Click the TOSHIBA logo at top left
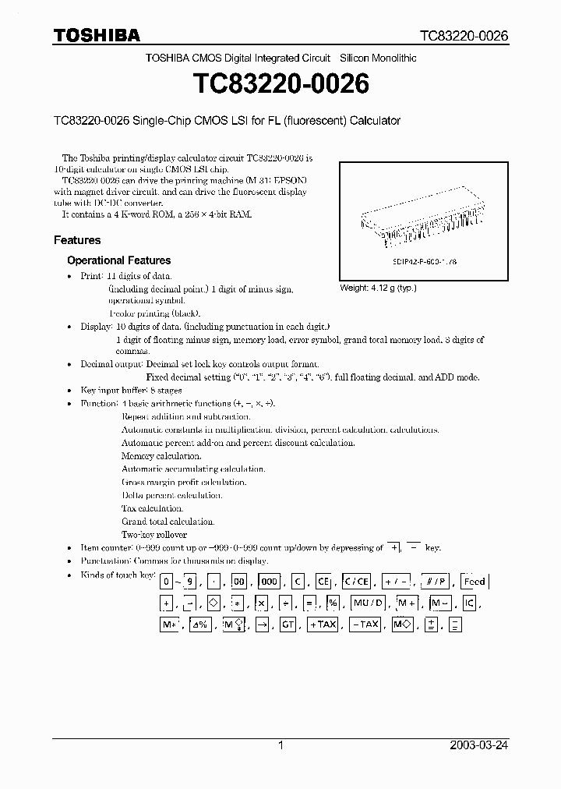97,34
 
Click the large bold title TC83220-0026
280,84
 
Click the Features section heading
77,240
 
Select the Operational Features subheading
118,260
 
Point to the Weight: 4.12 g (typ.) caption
378,288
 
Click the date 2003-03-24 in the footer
478,745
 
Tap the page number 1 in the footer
280,745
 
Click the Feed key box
474,582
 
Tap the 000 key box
269,582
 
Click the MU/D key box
368,603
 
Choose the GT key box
288,624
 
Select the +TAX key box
321,624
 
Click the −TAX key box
364,624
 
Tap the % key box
333,603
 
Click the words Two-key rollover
154,535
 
